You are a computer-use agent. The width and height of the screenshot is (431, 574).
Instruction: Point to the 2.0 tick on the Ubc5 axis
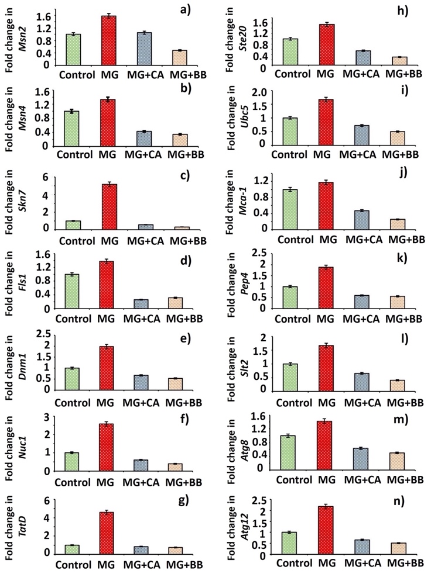tap(263, 92)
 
